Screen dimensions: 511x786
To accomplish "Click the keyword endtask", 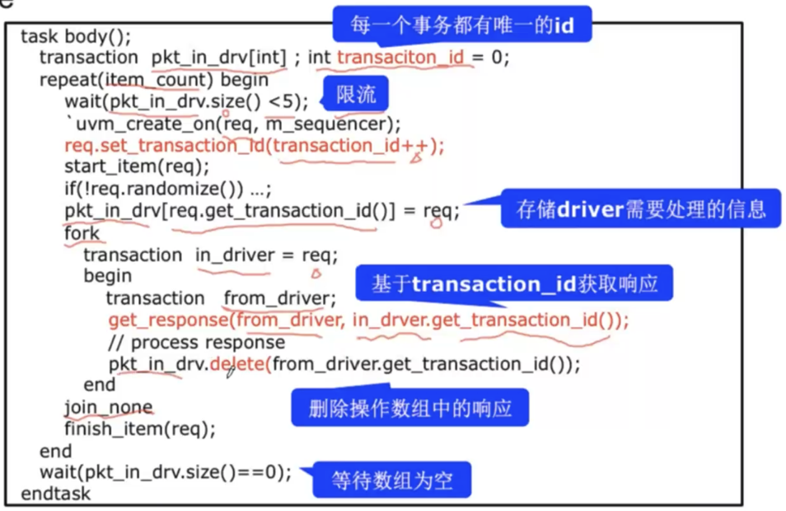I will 55,495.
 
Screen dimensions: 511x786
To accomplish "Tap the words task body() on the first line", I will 76,36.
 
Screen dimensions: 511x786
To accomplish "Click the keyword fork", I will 82,232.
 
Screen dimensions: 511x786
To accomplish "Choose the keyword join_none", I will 108,407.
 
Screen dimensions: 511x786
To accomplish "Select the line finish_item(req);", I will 139,429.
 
